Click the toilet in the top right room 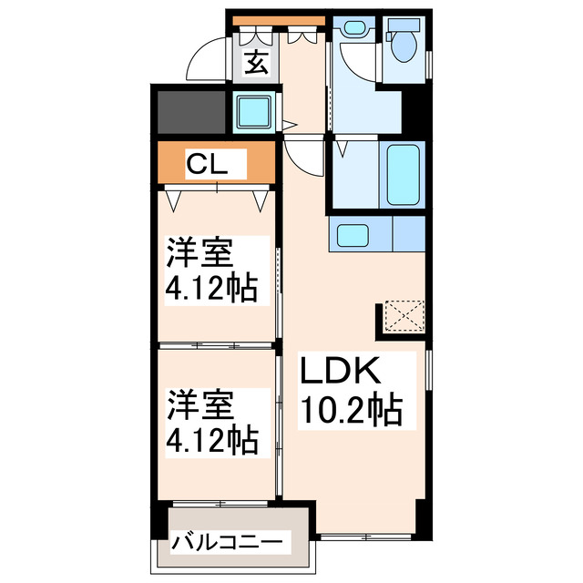[x=402, y=46]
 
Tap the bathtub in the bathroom [x=404, y=173]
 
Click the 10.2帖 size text [x=351, y=412]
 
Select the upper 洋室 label [x=199, y=251]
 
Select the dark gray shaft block [x=192, y=111]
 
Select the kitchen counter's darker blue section [x=409, y=235]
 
